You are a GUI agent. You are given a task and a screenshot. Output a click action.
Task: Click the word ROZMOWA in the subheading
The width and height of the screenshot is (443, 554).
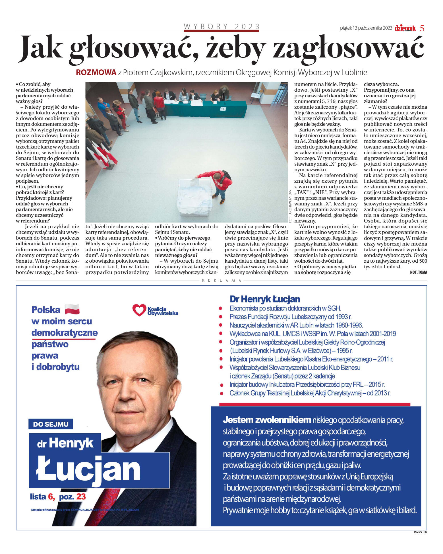pyautogui.click(x=96, y=73)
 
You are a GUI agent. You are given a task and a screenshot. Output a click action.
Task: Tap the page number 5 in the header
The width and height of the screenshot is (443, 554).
pyautogui.click(x=422, y=28)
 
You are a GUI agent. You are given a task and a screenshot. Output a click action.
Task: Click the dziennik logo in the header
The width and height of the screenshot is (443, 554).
pyautogui.click(x=405, y=28)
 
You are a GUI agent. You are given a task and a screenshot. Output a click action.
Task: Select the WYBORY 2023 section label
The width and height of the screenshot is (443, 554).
pyautogui.click(x=221, y=26)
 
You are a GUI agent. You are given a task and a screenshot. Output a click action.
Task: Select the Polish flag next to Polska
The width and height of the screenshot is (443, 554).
pyautogui.click(x=72, y=309)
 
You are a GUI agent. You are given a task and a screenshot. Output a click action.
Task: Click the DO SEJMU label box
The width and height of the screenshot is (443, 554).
pyautogui.click(x=51, y=424)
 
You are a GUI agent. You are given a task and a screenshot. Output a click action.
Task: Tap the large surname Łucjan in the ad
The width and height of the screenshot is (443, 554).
pyautogui.click(x=88, y=469)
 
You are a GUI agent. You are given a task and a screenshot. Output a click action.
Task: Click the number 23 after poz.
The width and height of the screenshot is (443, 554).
pyautogui.click(x=81, y=497)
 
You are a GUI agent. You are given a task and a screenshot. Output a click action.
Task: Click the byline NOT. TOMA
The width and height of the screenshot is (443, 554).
pyautogui.click(x=418, y=272)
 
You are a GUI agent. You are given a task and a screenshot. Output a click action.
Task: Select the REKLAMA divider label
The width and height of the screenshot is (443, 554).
pyautogui.click(x=221, y=281)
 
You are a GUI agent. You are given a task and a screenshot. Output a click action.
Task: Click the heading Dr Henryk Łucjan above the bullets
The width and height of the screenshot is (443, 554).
pyautogui.click(x=265, y=299)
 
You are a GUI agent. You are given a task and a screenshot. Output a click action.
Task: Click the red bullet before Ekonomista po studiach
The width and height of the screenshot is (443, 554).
pyautogui.click(x=221, y=308)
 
